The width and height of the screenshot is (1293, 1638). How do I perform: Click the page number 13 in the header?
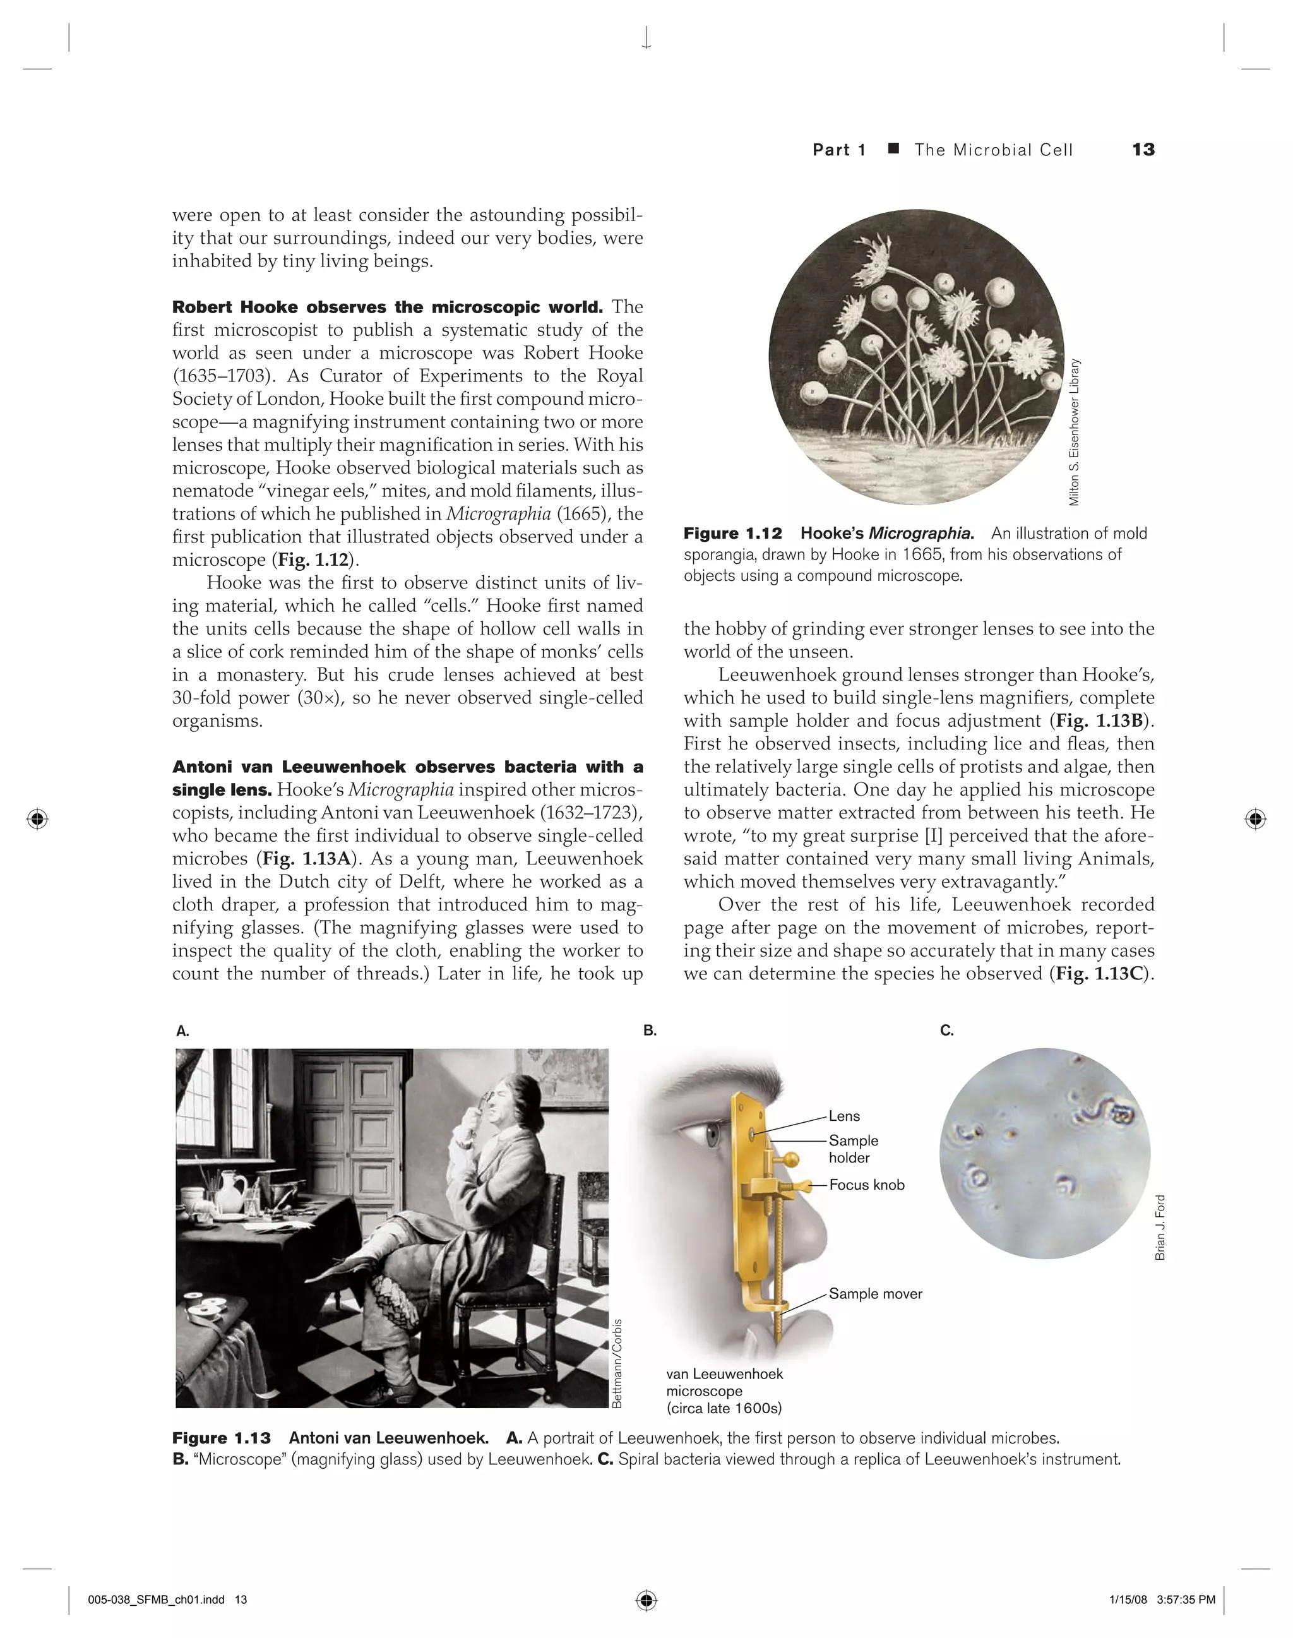(x=1143, y=149)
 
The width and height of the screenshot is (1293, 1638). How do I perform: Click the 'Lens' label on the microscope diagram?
(x=844, y=1116)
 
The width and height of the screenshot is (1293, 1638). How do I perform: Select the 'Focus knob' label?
(x=867, y=1185)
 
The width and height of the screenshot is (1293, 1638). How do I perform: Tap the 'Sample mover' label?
(x=875, y=1293)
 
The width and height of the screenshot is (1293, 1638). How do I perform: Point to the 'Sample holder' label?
(x=853, y=1149)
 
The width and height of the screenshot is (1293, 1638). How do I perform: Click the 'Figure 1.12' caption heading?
(x=733, y=533)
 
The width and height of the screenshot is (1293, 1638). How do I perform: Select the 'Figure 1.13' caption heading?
(x=221, y=1438)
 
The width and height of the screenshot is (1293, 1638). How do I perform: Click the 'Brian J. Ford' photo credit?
(x=1160, y=1228)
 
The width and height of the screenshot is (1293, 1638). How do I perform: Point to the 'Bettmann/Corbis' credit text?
(x=617, y=1363)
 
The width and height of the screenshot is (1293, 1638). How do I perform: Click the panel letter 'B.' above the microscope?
(x=650, y=1031)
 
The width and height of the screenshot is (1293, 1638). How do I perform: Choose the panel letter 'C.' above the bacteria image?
(x=946, y=1031)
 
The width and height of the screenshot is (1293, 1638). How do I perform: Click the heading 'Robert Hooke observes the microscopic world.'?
(x=387, y=307)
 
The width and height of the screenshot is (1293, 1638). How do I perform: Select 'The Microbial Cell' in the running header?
(x=993, y=150)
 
